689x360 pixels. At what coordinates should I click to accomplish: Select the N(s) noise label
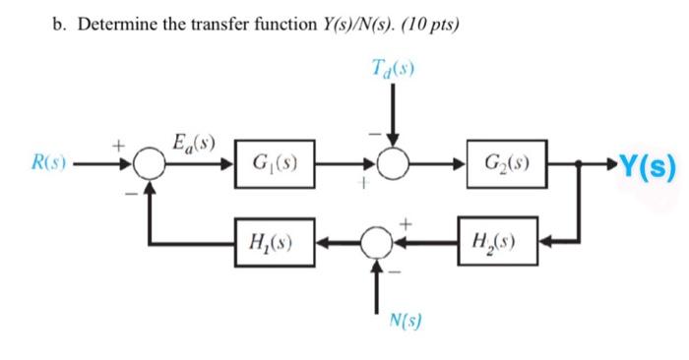[x=402, y=318]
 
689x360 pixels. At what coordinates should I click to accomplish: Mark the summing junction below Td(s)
[x=393, y=163]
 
